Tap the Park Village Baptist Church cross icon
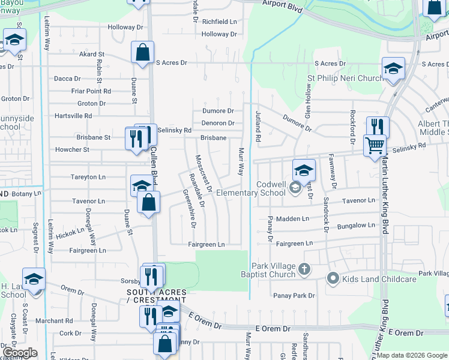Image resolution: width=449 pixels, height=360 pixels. pos(304,269)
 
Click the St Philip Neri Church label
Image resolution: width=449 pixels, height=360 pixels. pos(345,78)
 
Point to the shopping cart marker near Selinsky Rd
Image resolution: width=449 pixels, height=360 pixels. pos(375,145)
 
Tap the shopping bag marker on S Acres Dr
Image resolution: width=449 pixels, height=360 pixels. pos(143,53)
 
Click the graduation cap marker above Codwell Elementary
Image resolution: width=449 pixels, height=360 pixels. pos(304,170)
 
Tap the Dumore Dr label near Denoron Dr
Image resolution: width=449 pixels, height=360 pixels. pos(218,111)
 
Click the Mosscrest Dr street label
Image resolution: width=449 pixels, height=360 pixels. pos(204,173)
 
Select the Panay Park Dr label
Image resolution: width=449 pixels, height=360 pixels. pos(294,295)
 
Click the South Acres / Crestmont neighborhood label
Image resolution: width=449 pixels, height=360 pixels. pos(156,296)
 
